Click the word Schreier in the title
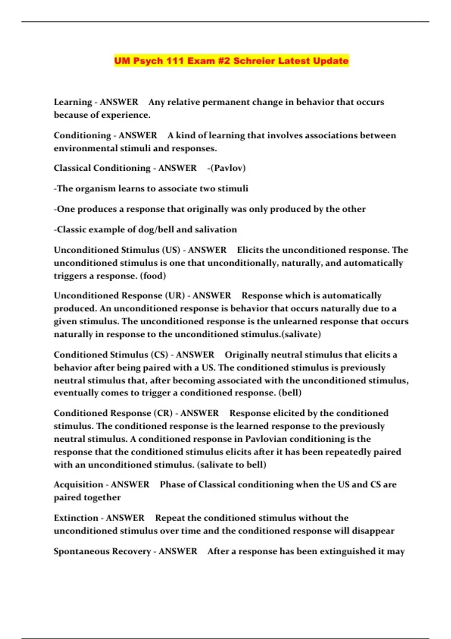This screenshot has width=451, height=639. click(254, 61)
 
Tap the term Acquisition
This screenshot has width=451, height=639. click(78, 485)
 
